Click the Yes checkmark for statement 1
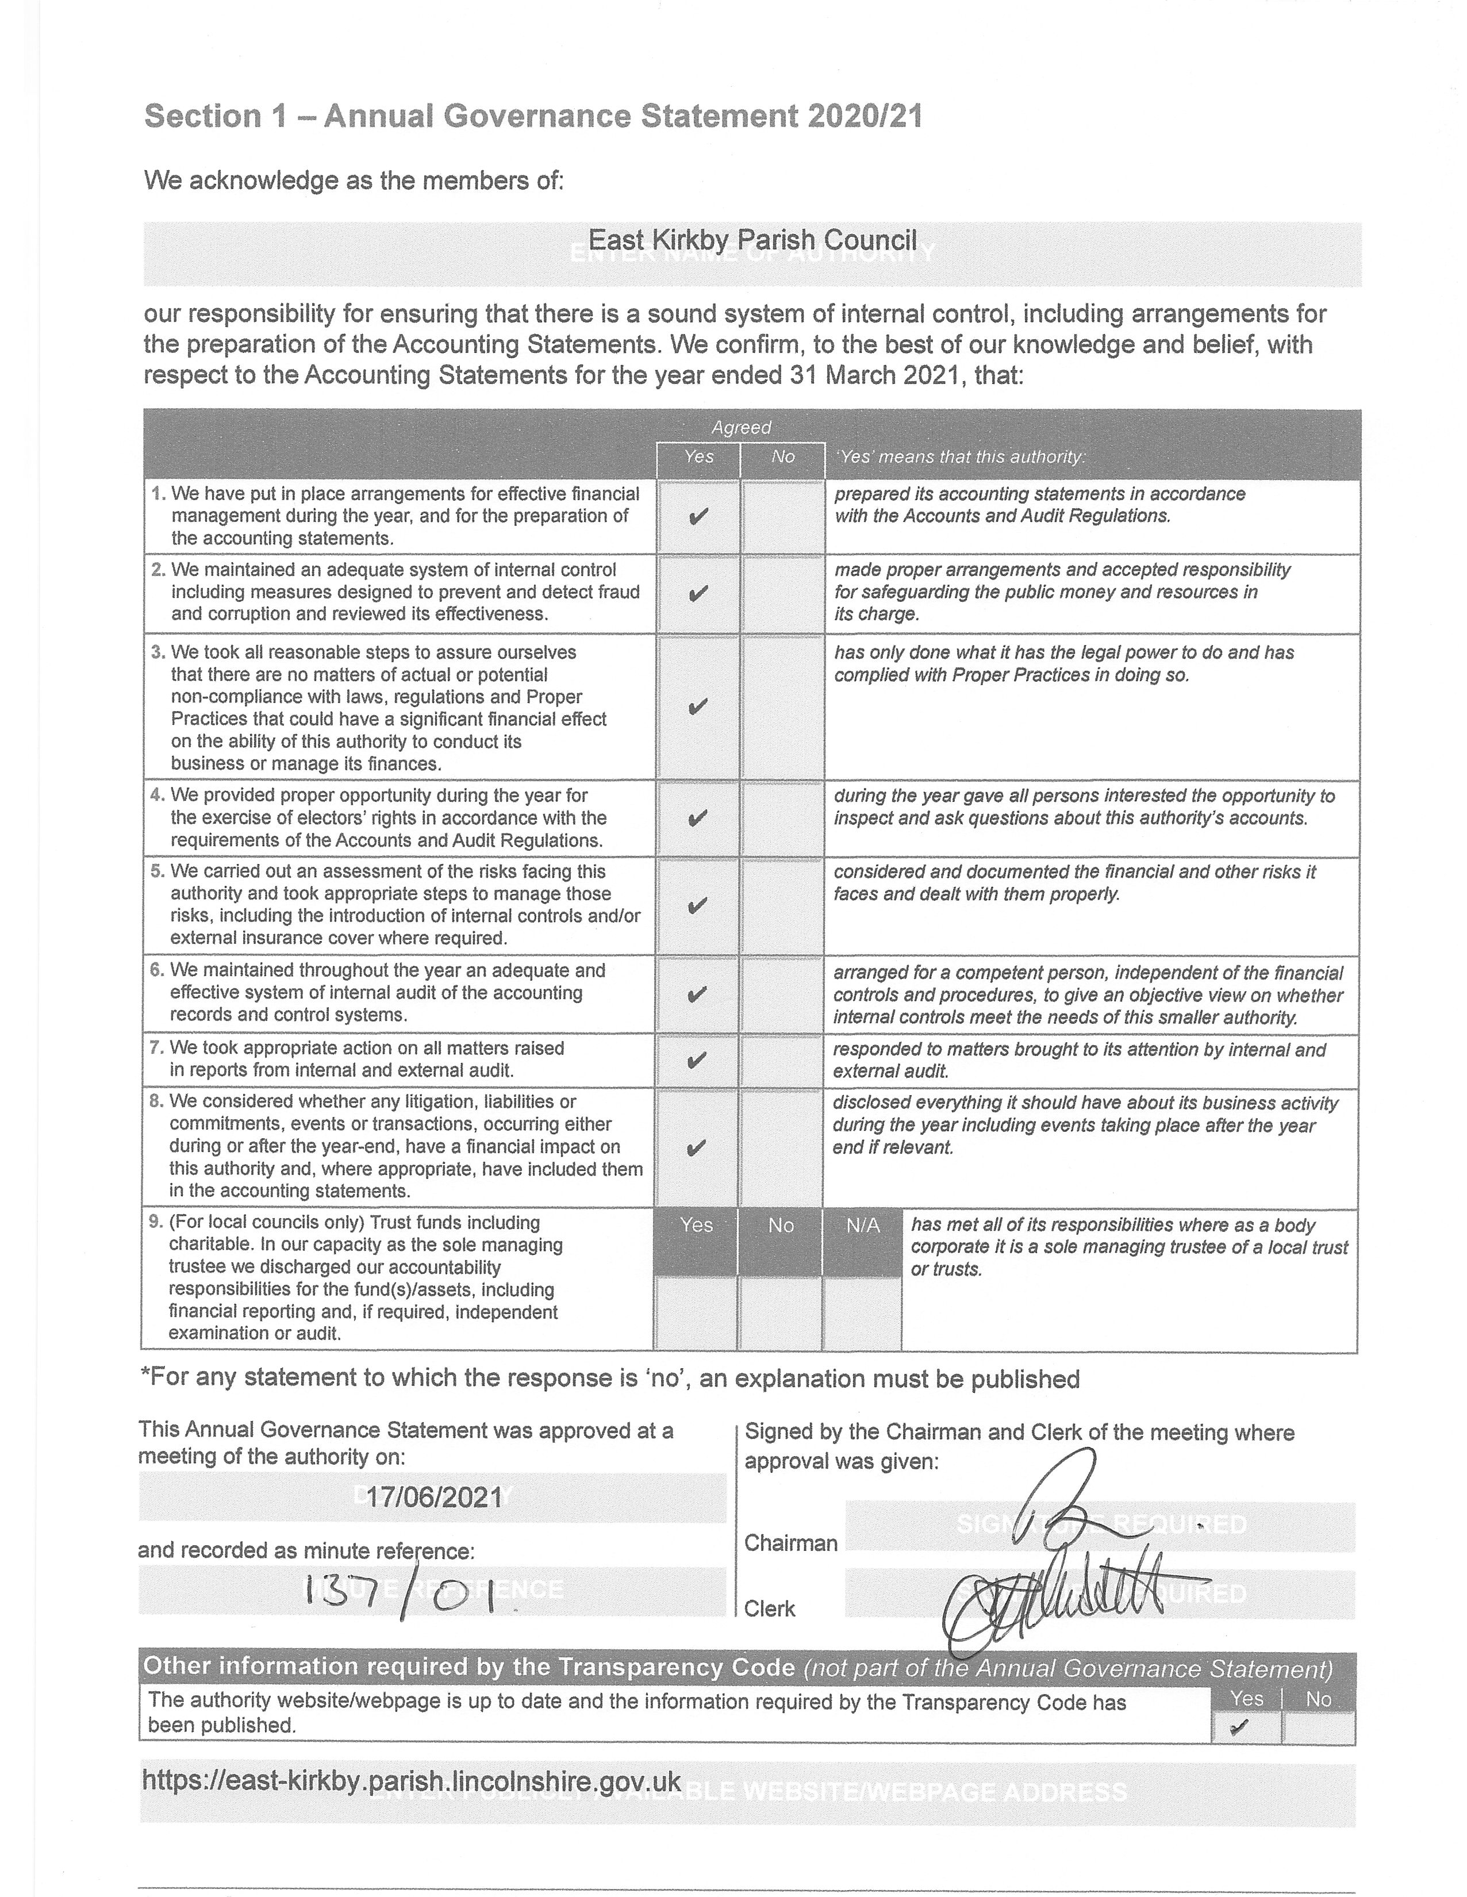(697, 518)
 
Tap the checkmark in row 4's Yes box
(697, 818)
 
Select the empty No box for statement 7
(782, 1061)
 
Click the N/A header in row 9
(862, 1226)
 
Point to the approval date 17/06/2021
(433, 1497)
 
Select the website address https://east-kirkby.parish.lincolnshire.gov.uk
(411, 1781)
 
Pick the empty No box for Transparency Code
(1318, 1727)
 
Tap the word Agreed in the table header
(741, 427)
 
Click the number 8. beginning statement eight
(156, 1101)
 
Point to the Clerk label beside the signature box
(770, 1608)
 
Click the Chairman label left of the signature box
(790, 1543)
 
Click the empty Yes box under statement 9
(696, 1312)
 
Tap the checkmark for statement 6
(697, 994)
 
